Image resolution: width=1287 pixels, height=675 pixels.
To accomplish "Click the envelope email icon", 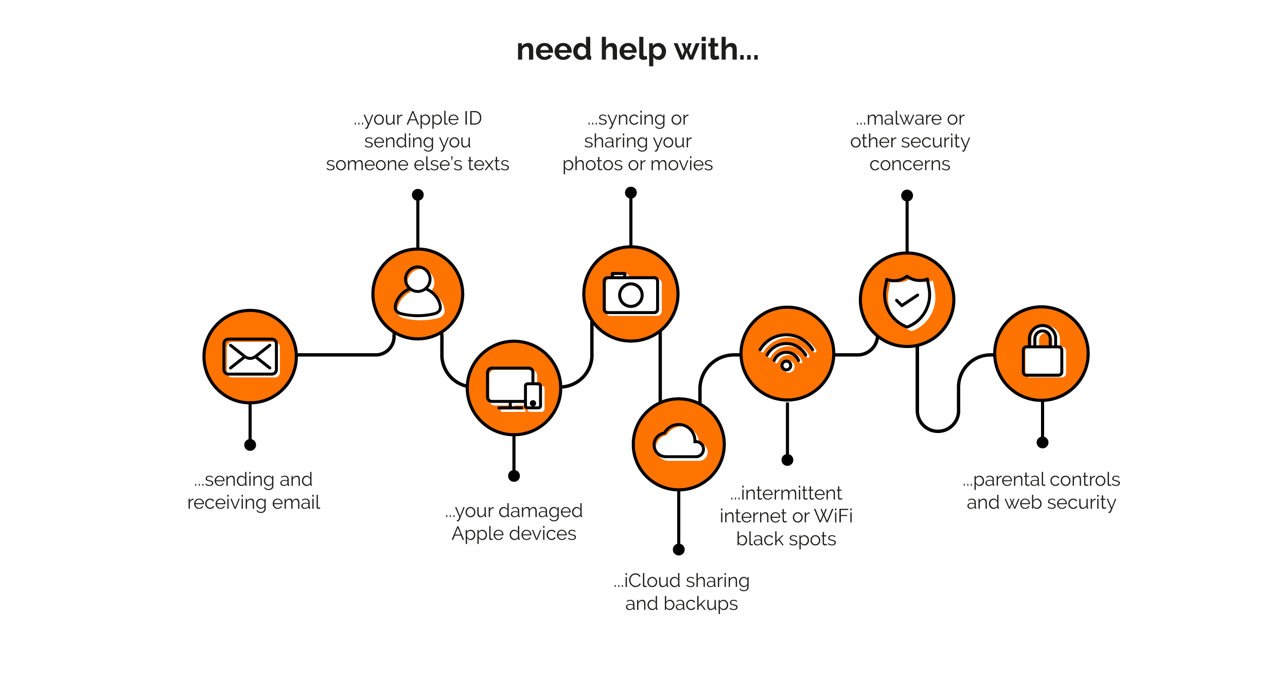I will tap(250, 356).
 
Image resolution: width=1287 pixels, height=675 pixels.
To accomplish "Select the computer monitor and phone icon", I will tap(514, 388).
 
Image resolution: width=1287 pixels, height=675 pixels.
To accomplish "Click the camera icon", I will tap(631, 294).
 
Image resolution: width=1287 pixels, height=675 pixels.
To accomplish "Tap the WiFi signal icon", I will tap(787, 353).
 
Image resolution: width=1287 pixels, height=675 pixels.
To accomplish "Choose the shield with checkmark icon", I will tap(907, 300).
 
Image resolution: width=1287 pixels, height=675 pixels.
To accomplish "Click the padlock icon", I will tap(1042, 353).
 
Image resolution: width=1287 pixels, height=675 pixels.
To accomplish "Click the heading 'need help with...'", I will tap(637, 50).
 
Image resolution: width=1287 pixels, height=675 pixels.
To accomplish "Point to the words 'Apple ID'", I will tap(444, 118).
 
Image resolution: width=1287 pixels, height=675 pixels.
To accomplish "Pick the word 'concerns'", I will tap(909, 164).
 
